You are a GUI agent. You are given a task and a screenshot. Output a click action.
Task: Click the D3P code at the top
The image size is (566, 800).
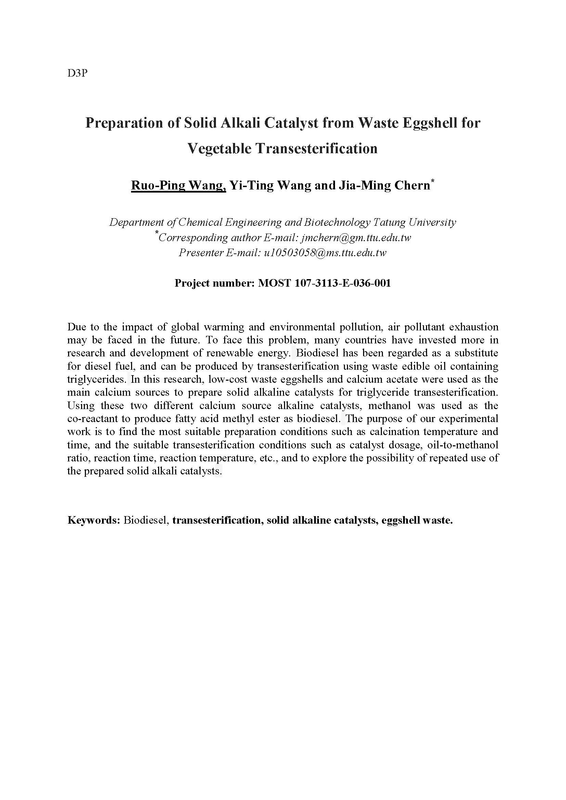point(77,74)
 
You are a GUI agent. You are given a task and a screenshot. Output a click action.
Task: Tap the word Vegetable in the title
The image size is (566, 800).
point(219,148)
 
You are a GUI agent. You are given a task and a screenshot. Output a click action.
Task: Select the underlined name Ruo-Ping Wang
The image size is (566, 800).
point(178,185)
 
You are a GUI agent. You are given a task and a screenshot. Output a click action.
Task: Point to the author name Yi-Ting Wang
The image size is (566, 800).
point(271,185)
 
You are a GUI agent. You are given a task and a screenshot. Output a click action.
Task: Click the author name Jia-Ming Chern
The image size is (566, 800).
point(384,185)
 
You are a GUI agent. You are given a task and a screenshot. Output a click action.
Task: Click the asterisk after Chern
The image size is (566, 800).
point(433,181)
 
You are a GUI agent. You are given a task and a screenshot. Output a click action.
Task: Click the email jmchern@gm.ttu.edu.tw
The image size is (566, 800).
point(356,238)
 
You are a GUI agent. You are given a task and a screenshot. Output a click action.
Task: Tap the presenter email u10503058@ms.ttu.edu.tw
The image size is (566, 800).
point(325,253)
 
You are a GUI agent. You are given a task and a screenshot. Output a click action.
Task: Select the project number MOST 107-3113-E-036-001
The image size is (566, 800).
point(324,283)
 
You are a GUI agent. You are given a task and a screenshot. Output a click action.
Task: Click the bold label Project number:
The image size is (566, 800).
point(215,283)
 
